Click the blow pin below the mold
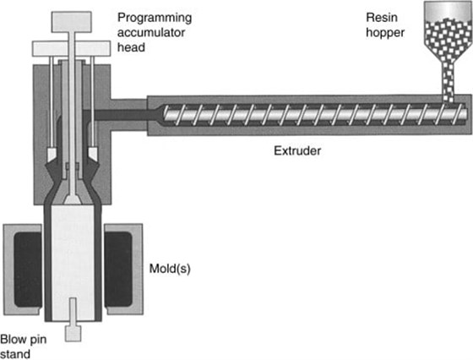73,330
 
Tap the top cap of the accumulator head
73,18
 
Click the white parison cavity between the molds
73,254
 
